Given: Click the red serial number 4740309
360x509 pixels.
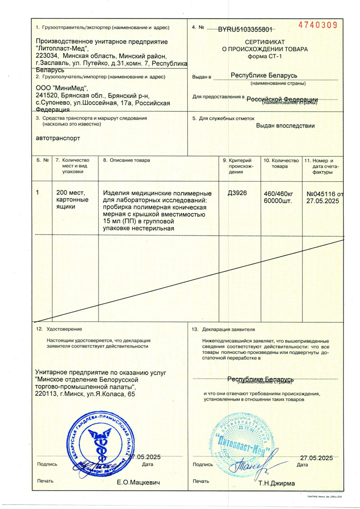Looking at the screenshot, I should point(318,25).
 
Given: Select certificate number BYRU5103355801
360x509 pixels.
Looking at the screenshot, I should point(245,30).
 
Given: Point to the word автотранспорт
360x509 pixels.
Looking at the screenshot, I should point(58,138).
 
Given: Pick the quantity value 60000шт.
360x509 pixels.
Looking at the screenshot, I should point(278,201).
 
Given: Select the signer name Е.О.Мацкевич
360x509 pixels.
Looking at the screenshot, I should point(139,482).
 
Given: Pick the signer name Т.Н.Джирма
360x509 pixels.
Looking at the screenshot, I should point(277,483).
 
